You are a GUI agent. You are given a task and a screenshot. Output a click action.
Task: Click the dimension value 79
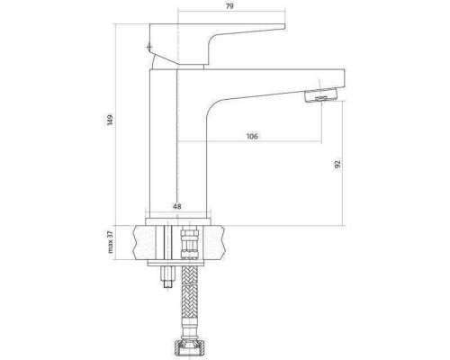click(229, 6)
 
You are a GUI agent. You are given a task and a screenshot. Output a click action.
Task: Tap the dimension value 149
click(111, 120)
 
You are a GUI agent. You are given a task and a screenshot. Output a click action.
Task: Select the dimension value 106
click(252, 136)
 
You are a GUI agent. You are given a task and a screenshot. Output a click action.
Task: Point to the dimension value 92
click(337, 164)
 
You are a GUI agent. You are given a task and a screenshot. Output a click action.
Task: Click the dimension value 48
click(177, 206)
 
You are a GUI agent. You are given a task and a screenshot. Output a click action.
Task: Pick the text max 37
click(110, 242)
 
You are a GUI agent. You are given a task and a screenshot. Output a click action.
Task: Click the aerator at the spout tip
click(320, 96)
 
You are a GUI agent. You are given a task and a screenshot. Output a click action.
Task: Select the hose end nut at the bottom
click(189, 348)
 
